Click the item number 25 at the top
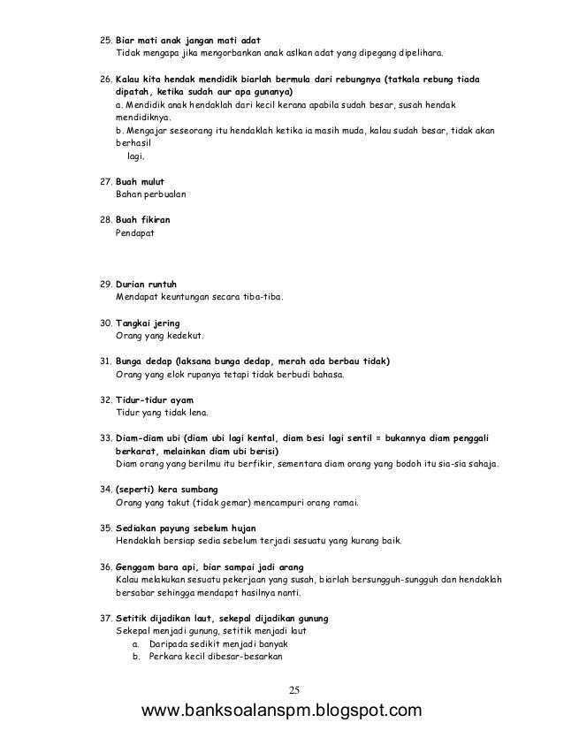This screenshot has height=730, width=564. (x=105, y=40)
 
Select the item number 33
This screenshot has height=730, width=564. (x=105, y=437)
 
